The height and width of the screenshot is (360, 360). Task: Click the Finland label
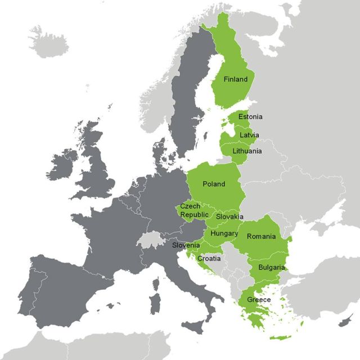click(235, 79)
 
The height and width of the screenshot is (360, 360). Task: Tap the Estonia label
click(250, 116)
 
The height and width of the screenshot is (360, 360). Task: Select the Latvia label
click(249, 135)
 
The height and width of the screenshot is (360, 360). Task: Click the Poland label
click(213, 184)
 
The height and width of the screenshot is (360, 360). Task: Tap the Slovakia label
click(229, 217)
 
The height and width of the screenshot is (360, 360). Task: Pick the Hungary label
click(224, 233)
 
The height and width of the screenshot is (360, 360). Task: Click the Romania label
click(261, 236)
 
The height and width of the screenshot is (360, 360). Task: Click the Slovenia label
click(186, 245)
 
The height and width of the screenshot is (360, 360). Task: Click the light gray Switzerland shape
click(148, 240)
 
